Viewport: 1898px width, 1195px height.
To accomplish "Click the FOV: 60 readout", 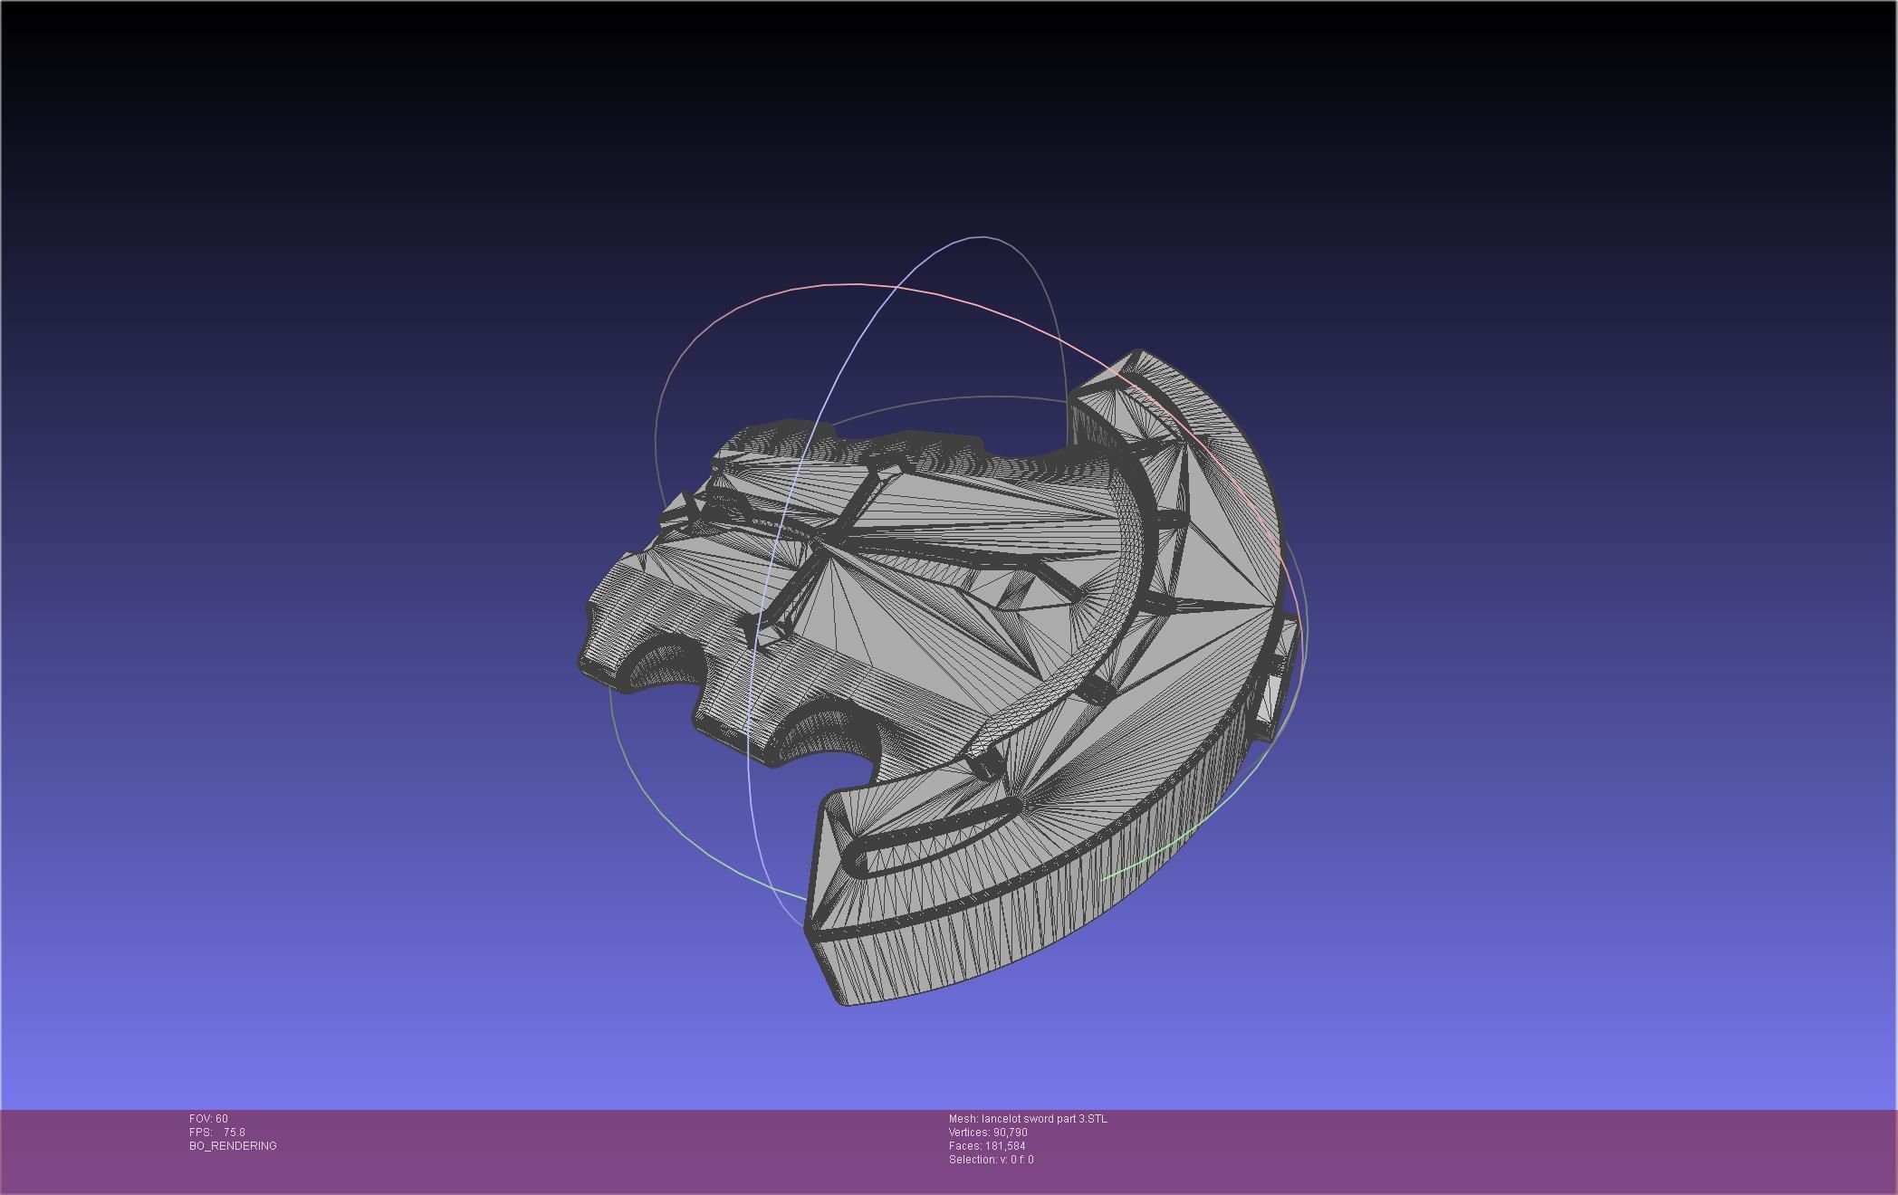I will [208, 1119].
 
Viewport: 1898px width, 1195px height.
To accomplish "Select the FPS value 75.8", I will [234, 1133].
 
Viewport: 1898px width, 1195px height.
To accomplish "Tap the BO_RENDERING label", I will [233, 1146].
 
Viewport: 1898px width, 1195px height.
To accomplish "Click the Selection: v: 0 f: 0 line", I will [991, 1160].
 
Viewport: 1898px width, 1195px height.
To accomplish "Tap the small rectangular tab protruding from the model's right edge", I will [1275, 688].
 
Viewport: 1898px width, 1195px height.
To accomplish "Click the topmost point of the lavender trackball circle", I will [983, 237].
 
